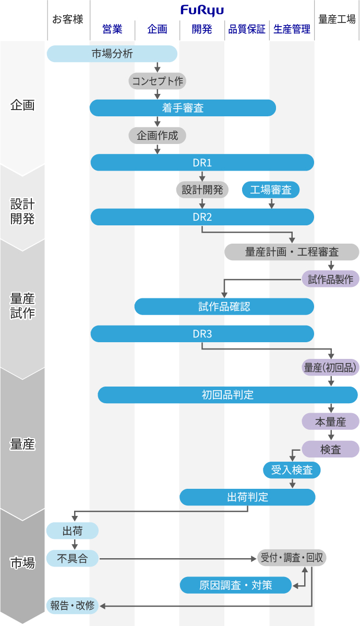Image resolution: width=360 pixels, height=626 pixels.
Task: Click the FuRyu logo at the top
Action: point(202,10)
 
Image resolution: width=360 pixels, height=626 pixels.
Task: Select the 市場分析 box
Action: point(112,54)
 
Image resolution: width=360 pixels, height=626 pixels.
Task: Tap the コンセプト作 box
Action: point(157,81)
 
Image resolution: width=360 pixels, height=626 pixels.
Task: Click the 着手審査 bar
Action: point(183,108)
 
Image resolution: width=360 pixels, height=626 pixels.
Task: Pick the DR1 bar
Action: point(202,163)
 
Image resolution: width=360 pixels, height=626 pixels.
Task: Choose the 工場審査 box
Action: point(271,190)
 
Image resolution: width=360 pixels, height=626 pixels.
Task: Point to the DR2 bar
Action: point(202,217)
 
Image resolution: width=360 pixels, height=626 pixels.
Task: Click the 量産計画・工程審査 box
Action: point(292,252)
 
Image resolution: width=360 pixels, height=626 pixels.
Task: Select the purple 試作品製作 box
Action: point(331,279)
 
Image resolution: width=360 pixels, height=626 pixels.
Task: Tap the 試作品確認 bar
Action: point(224,307)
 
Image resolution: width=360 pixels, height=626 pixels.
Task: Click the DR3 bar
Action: point(202,334)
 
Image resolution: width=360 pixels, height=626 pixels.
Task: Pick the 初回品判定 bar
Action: point(227,395)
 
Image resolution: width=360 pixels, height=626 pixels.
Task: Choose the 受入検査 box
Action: point(292,470)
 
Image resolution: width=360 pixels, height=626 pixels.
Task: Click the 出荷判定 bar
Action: point(247,497)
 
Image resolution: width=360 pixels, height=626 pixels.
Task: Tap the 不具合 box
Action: point(73,558)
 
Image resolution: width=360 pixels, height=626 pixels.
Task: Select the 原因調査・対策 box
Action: point(236,585)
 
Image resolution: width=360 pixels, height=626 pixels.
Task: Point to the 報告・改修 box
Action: point(73,605)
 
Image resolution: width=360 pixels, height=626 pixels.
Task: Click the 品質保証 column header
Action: point(247,30)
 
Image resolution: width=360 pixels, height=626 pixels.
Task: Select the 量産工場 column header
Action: point(337,20)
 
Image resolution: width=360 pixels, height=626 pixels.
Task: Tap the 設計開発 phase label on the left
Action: point(22,211)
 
